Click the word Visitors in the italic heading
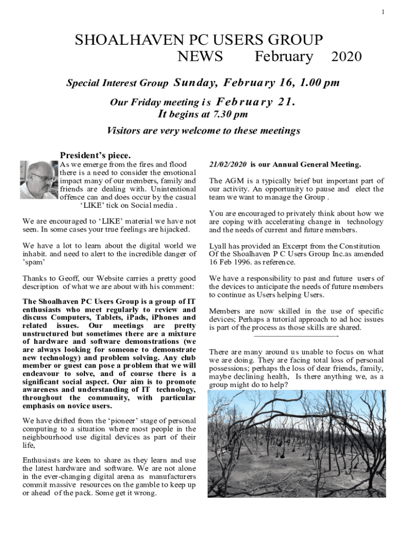click(127, 131)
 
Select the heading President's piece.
click(95, 156)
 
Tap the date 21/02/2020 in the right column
click(228, 165)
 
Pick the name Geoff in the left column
click(65, 278)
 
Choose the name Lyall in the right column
click(219, 246)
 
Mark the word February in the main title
click(284, 56)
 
